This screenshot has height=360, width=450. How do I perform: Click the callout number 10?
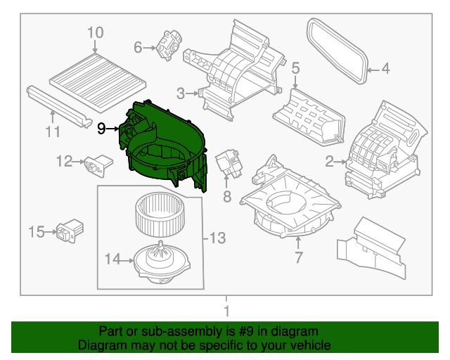(95, 32)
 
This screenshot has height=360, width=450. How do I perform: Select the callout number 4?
(386, 69)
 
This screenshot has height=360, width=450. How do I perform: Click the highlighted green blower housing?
(165, 145)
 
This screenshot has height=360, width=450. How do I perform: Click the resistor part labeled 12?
(99, 163)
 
